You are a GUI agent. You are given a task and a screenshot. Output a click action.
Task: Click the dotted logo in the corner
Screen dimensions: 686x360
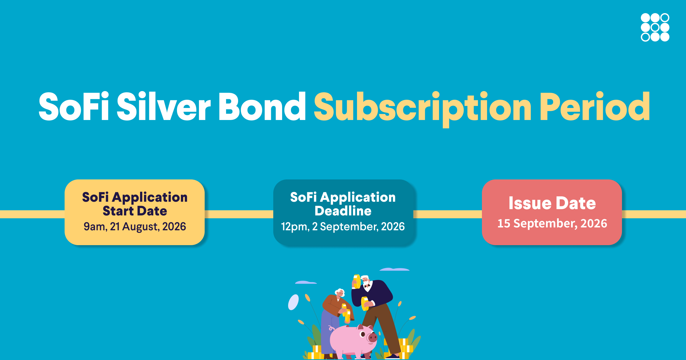click(655, 27)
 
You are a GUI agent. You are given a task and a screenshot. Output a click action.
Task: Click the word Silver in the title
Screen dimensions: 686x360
click(164, 107)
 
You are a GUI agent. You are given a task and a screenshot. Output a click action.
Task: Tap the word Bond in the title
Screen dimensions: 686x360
click(262, 107)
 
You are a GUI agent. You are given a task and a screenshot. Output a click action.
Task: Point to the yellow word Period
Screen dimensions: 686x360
click(595, 107)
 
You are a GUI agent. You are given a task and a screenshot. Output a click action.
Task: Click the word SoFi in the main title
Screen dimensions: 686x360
click(74, 107)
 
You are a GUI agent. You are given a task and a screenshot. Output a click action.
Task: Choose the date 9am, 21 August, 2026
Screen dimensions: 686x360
click(135, 227)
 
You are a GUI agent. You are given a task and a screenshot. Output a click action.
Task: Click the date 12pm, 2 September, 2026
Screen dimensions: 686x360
click(343, 227)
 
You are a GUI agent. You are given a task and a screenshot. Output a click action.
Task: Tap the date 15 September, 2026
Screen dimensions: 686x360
click(552, 223)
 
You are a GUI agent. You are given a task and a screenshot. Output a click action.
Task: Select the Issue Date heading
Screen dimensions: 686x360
click(552, 203)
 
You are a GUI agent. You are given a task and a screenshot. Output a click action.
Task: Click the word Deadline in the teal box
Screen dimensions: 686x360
click(343, 211)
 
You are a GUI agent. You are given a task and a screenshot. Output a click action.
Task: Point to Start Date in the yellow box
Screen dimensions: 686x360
click(135, 211)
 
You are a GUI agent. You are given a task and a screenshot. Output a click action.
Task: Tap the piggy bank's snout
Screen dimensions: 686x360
click(372, 338)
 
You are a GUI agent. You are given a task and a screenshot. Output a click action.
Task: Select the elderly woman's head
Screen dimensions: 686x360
click(340, 293)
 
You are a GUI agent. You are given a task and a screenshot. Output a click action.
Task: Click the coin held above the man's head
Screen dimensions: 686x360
click(357, 282)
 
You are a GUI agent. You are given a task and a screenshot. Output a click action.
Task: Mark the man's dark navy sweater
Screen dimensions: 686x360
click(372, 294)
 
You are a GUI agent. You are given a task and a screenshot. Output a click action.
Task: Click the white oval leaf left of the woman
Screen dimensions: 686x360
click(293, 302)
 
